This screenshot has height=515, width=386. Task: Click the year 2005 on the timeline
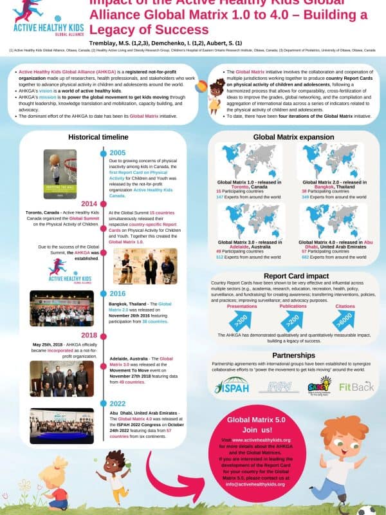pos(118,153)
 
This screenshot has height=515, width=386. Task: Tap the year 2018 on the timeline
pos(89,335)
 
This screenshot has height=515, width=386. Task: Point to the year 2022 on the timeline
pos(118,404)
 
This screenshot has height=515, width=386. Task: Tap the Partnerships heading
pos(293,355)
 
